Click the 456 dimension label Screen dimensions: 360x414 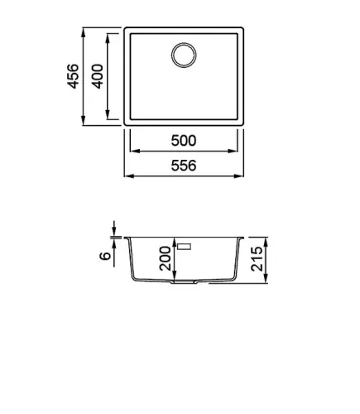(74, 76)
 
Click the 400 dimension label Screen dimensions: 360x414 (98, 76)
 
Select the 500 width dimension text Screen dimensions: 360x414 (184, 141)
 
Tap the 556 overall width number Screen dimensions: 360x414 (184, 166)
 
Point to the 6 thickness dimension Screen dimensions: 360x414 (105, 256)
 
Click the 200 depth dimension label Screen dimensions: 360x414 (166, 258)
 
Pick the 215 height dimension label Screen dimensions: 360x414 (257, 258)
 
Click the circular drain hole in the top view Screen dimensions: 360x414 (184, 55)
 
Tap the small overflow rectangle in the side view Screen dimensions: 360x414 (185, 246)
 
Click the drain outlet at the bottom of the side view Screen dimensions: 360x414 (185, 282)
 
